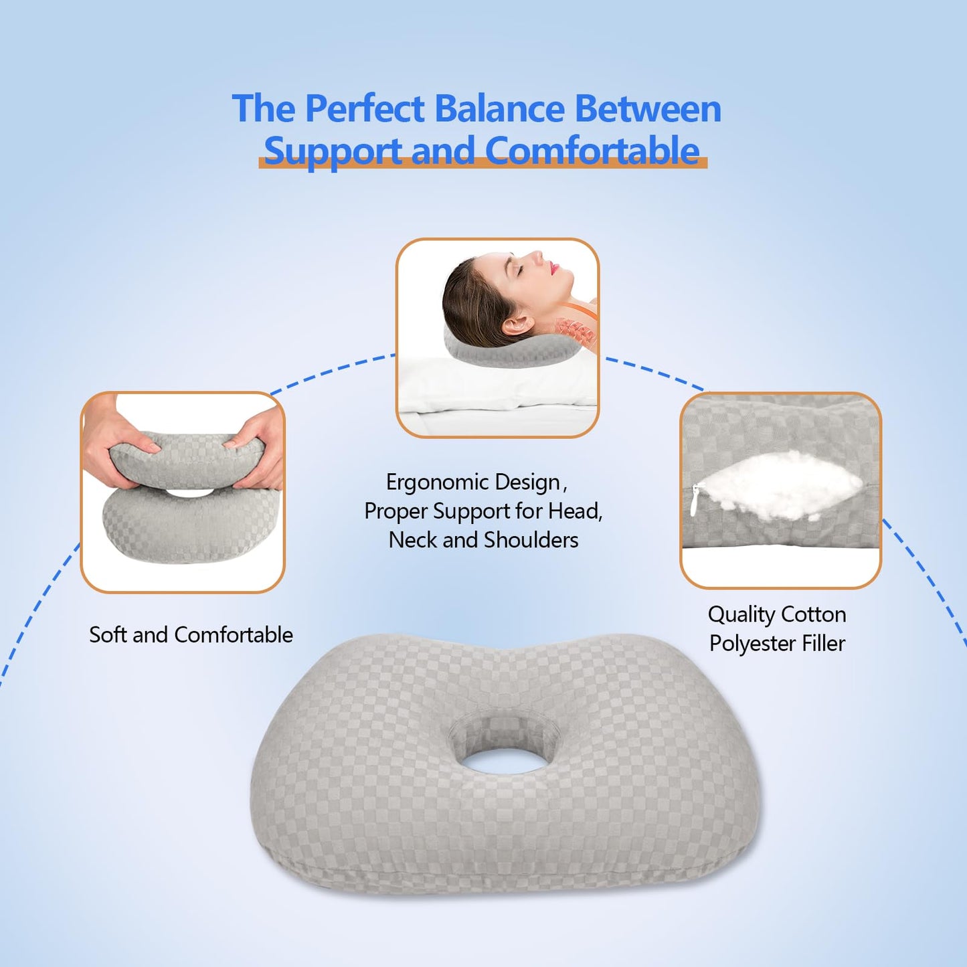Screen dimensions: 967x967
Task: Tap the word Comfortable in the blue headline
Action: [x=592, y=151]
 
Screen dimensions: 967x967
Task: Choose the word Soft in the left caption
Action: [x=108, y=634]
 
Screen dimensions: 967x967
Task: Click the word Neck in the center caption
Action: [x=413, y=540]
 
